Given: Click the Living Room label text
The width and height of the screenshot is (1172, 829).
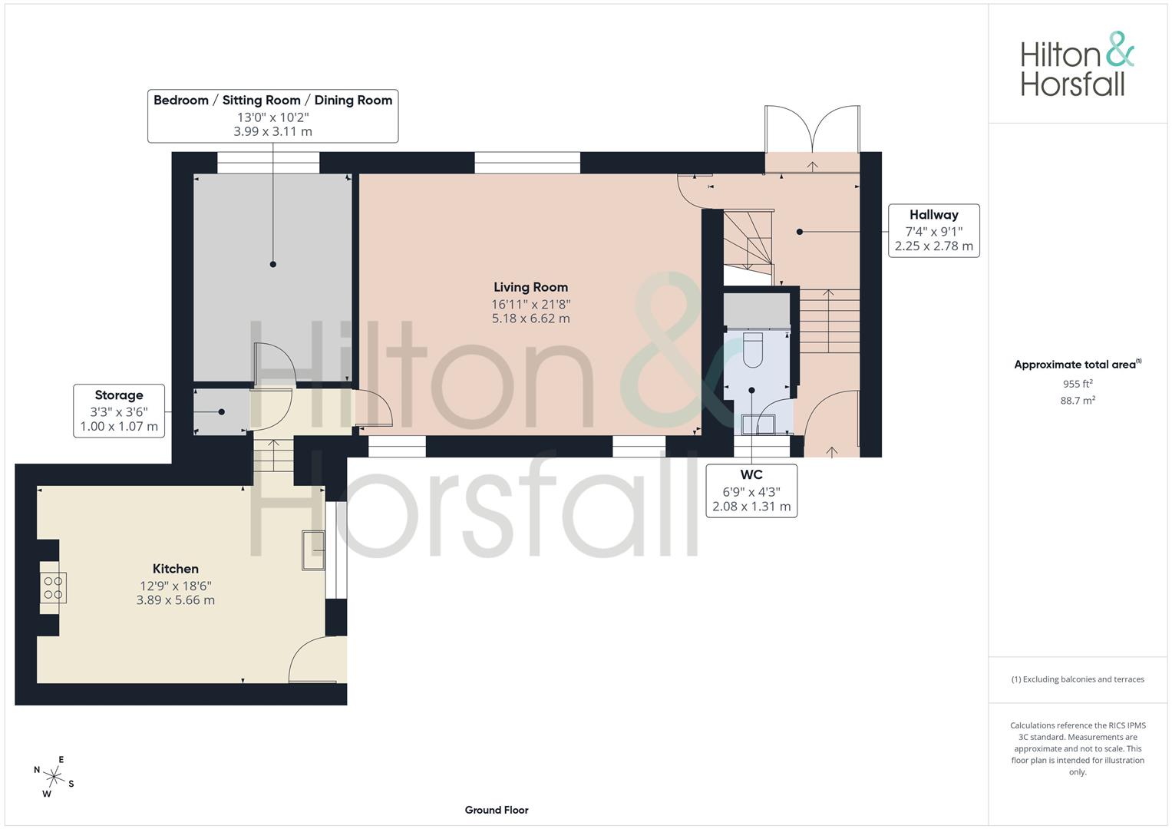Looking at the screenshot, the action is (x=530, y=287).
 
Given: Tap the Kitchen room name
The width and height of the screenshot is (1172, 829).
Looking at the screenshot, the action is (x=175, y=569).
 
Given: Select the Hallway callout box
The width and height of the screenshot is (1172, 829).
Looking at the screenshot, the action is (x=934, y=231).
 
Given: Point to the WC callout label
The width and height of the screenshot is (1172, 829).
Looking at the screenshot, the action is (x=751, y=491).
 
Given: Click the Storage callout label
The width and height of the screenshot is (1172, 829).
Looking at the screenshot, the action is (x=119, y=411).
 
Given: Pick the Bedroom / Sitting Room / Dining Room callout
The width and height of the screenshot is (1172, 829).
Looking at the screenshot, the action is (x=272, y=116).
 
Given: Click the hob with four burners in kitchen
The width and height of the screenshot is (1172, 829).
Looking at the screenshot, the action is (x=54, y=588).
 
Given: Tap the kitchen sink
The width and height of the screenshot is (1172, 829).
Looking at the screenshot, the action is (x=313, y=550).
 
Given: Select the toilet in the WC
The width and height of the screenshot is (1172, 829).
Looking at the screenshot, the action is (x=753, y=348).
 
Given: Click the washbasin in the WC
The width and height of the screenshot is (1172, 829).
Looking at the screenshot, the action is (x=758, y=424).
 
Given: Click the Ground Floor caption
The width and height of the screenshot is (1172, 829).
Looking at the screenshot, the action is (x=497, y=810).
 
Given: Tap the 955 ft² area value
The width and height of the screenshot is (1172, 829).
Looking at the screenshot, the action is (x=1078, y=384).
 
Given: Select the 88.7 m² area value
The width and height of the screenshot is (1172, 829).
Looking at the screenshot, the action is (x=1078, y=401).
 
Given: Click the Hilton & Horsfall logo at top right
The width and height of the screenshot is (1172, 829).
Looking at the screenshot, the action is (x=1078, y=64).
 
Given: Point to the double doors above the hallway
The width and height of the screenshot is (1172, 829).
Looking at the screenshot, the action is (x=812, y=129).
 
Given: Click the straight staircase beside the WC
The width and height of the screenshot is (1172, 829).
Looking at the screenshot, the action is (x=830, y=321).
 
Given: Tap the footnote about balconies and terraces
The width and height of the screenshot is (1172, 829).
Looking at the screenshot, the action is (x=1078, y=679).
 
